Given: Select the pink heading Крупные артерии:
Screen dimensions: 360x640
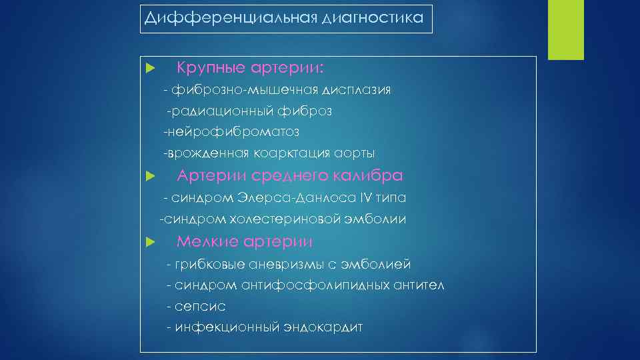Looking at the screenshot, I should [251, 68].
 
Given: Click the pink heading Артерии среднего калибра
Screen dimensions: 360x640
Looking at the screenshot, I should [289, 176].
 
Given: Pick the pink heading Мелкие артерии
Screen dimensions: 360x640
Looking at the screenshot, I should [244, 241].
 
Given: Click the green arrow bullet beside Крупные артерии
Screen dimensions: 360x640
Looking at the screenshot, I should [150, 69].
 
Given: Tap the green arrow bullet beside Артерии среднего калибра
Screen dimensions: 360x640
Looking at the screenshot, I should [150, 177].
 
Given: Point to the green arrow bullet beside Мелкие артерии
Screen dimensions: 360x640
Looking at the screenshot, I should [150, 242].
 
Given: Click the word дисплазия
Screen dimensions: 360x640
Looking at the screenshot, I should [357, 90].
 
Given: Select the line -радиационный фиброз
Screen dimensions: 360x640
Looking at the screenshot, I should [249, 111].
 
